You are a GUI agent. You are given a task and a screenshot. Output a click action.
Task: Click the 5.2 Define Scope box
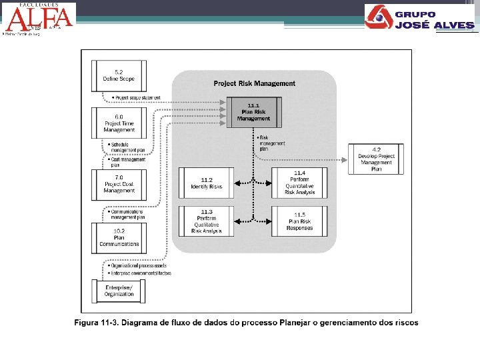pos(119,75)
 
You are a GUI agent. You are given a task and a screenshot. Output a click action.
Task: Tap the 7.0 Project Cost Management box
pos(119,183)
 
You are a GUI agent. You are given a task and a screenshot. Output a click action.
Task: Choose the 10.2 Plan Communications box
pos(119,237)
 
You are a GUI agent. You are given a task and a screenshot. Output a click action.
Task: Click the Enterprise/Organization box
pos(119,291)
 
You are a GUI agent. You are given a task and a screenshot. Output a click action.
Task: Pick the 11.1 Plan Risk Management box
pos(253,112)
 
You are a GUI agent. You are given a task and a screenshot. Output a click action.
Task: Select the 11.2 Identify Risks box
pos(206,183)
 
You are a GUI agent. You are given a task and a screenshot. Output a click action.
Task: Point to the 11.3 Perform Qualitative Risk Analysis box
pos(206,221)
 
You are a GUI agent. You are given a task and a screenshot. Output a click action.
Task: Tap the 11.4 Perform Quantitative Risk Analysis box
pos(299,183)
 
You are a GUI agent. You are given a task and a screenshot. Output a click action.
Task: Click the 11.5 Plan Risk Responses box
pos(299,221)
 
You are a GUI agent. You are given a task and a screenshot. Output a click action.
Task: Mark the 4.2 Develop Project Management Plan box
pos(376,159)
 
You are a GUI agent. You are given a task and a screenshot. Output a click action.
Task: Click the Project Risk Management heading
pos(254,83)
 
